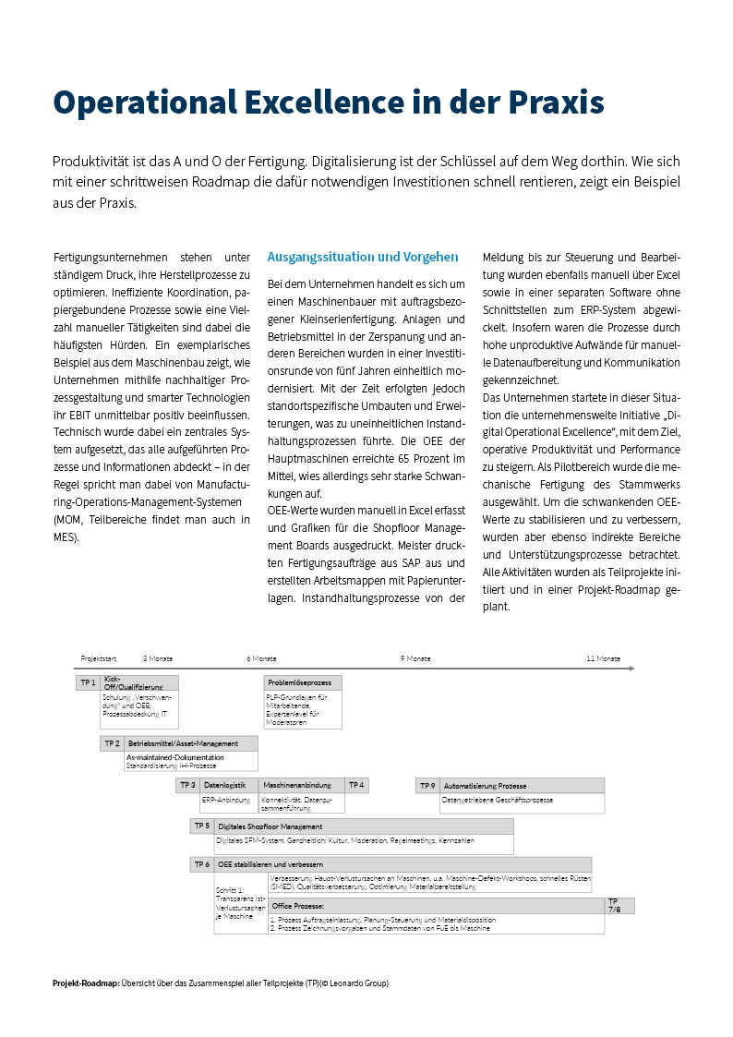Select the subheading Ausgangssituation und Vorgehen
(362, 257)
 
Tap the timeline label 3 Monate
(158, 658)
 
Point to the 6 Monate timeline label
(261, 658)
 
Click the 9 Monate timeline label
(415, 658)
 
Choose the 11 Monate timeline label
(603, 658)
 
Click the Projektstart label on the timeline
(99, 658)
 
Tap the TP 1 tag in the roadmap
(89, 682)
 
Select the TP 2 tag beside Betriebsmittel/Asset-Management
(113, 742)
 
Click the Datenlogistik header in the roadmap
(224, 785)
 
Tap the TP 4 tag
(356, 785)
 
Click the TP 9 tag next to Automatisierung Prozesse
(427, 785)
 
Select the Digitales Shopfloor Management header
(270, 826)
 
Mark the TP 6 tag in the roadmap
(202, 864)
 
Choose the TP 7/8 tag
(616, 905)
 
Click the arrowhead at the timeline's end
(631, 667)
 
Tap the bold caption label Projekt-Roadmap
(86, 983)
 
